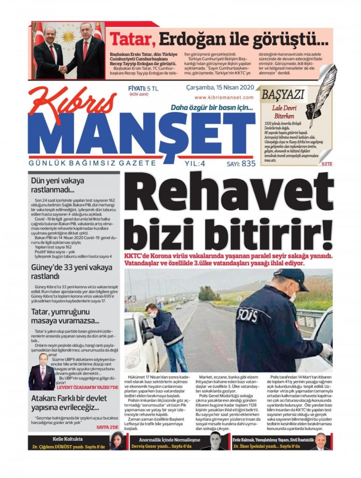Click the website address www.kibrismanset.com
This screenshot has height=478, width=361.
click(x=224, y=98)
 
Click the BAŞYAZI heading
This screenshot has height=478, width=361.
click(x=283, y=94)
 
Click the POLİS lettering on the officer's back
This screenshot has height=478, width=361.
click(x=247, y=315)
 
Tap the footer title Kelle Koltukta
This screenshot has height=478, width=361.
click(x=68, y=439)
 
